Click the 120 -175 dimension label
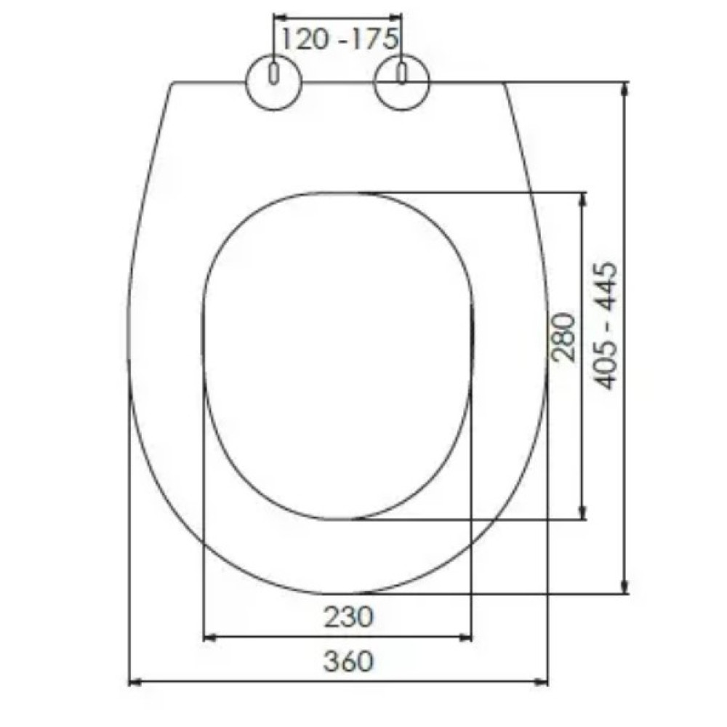click(340, 39)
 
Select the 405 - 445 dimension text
click(606, 326)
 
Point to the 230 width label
click(348, 617)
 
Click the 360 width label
click(348, 661)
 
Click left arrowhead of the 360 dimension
click(134, 682)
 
